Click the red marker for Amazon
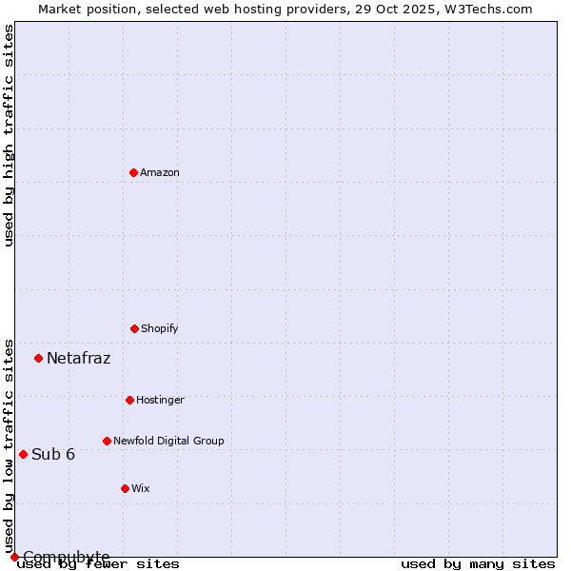(133, 172)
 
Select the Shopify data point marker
(134, 328)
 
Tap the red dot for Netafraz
(38, 358)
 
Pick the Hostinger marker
(129, 400)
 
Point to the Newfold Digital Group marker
(107, 441)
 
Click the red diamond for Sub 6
(23, 454)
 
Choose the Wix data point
(125, 488)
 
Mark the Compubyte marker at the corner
(14, 557)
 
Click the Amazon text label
(160, 172)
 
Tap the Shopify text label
(160, 328)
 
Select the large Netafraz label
(78, 359)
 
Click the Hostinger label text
(160, 400)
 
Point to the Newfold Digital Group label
(168, 441)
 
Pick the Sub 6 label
(53, 454)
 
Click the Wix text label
(141, 488)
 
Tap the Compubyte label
(67, 557)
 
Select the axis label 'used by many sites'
(478, 564)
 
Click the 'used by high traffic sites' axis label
(9, 135)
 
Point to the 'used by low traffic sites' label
(9, 445)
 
